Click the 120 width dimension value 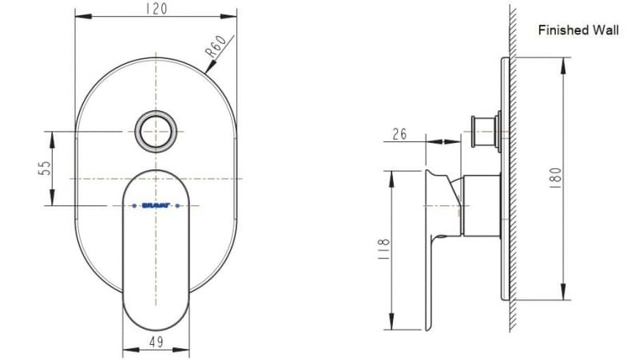pyautogui.click(x=157, y=10)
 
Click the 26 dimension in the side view pyautogui.click(x=399, y=134)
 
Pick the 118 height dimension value pyautogui.click(x=385, y=249)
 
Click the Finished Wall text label pyautogui.click(x=578, y=30)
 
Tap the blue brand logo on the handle pyautogui.click(x=157, y=205)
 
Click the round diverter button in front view pyautogui.click(x=157, y=131)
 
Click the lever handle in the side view pyautogui.click(x=438, y=239)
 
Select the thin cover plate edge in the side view pyautogui.click(x=505, y=179)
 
